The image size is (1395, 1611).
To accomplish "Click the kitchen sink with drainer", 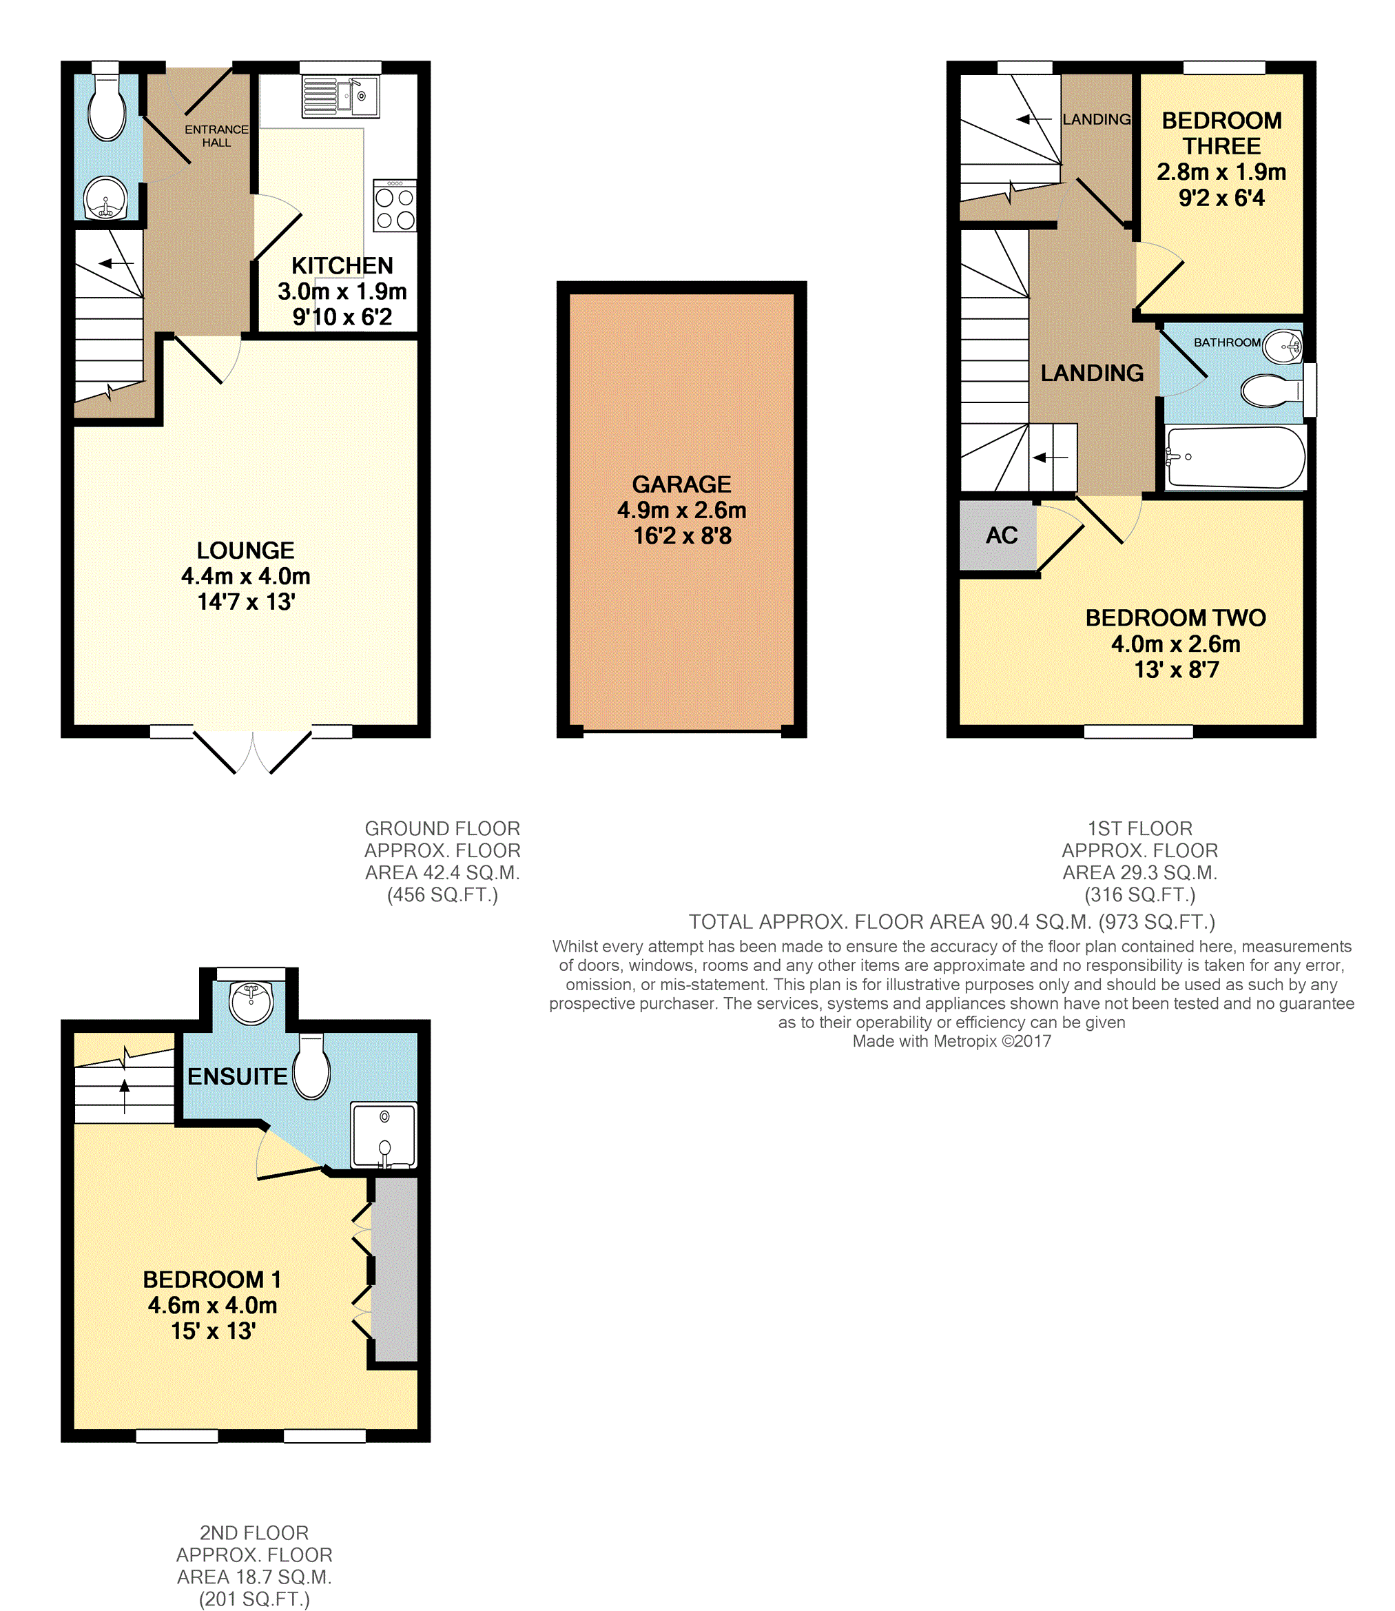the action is pyautogui.click(x=341, y=96).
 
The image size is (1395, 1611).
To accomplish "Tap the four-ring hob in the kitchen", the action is pyautogui.click(x=395, y=205).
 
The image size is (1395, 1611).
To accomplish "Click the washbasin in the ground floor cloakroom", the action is pyautogui.click(x=105, y=198).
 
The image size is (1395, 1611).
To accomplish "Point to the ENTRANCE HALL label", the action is pyautogui.click(x=216, y=136).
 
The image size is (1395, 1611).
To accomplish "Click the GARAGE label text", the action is pyautogui.click(x=681, y=484).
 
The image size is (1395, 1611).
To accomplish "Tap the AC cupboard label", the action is pyautogui.click(x=1001, y=535).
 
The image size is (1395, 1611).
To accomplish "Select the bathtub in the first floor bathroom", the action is pyautogui.click(x=1234, y=458).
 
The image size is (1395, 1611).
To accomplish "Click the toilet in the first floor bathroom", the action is pyautogui.click(x=1271, y=391).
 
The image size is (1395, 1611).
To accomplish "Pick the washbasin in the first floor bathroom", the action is pyautogui.click(x=1282, y=347).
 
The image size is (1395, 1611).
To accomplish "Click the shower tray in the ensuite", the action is pyautogui.click(x=384, y=1136).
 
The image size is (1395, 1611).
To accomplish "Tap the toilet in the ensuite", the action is pyautogui.click(x=311, y=1066).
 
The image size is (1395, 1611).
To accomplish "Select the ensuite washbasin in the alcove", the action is pyautogui.click(x=251, y=1003).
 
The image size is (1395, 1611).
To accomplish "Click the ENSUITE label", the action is pyautogui.click(x=238, y=1076).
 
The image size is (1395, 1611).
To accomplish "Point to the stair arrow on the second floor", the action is pyautogui.click(x=125, y=1096).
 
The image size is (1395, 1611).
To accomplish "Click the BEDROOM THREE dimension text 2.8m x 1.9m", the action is pyautogui.click(x=1221, y=172).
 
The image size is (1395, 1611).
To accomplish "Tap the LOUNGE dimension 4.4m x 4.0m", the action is pyautogui.click(x=246, y=576).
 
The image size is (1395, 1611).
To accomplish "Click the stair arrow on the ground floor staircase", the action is pyautogui.click(x=117, y=263).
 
